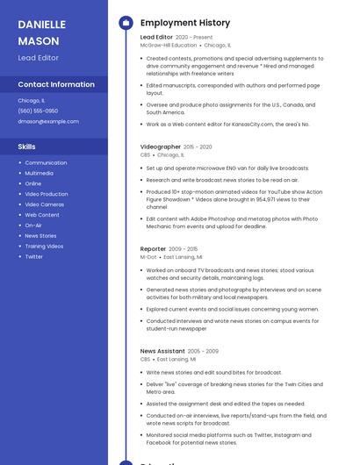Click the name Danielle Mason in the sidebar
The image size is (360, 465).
tap(41, 32)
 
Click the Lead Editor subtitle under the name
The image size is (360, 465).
tap(39, 57)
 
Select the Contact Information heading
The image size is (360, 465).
tap(56, 84)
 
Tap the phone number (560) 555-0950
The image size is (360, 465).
tap(38, 111)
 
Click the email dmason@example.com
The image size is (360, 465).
tap(48, 122)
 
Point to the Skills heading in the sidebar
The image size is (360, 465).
tap(27, 147)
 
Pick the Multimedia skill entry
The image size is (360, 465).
tap(39, 173)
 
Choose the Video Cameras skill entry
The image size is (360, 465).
tap(44, 204)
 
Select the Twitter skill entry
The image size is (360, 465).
tap(33, 257)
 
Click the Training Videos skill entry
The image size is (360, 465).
tap(44, 247)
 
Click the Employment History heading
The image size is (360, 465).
tap(185, 23)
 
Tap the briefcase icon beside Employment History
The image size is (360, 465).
tap(126, 23)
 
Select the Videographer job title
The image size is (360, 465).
tap(160, 147)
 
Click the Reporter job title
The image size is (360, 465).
tap(153, 250)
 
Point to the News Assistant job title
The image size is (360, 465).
tap(162, 351)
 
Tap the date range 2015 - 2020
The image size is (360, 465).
tap(198, 147)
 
